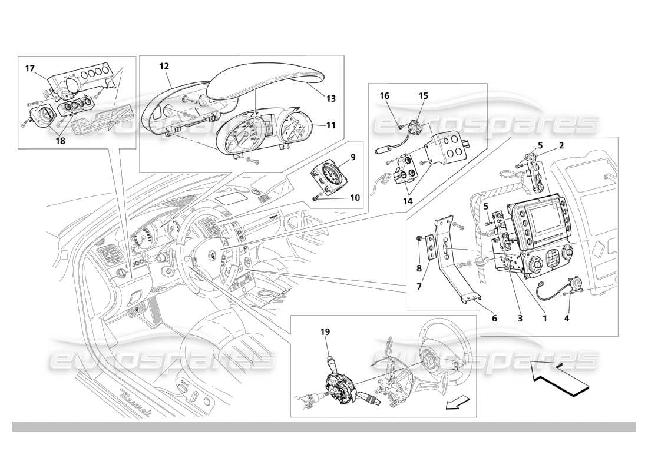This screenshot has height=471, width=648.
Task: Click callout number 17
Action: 29,68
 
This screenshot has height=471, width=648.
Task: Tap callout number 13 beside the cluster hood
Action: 331,98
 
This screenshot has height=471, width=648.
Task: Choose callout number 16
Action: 384,95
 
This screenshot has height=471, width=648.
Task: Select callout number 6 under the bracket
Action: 494,318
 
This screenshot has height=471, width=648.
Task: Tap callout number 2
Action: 561,144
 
